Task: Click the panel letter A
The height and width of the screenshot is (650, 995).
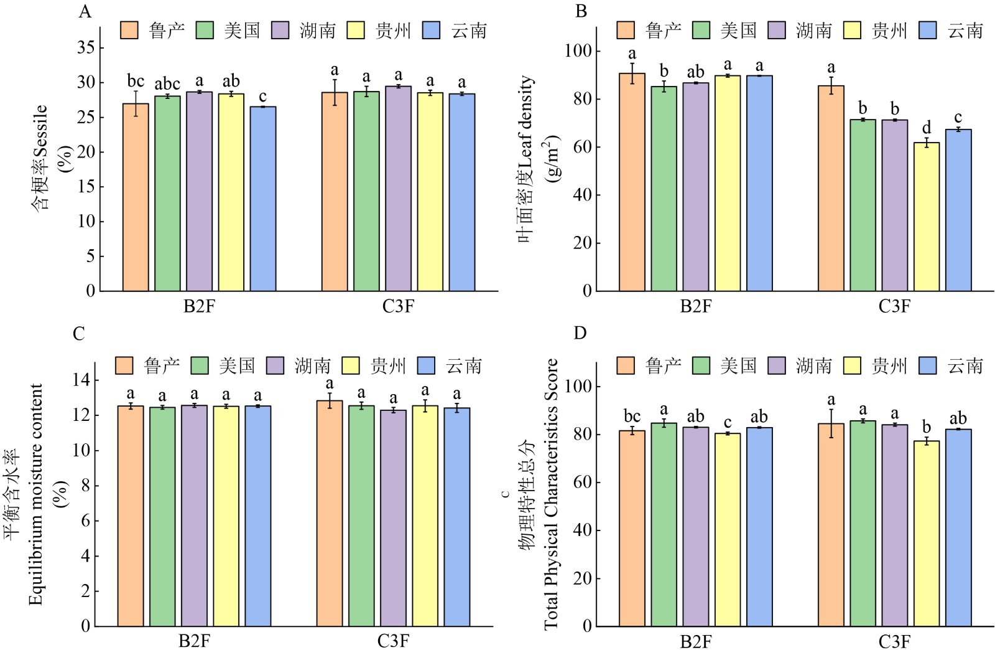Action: (85, 12)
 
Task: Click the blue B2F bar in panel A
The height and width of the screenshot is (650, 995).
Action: (263, 199)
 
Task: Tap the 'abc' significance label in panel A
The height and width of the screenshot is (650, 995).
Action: (167, 84)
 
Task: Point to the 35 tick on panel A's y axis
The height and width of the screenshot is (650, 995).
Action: (86, 48)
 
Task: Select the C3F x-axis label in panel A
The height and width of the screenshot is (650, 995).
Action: (398, 306)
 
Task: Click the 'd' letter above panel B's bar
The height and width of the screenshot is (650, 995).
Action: (927, 128)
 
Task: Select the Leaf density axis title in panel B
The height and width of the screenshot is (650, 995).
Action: (526, 159)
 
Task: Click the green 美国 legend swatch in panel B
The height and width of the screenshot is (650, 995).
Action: (701, 31)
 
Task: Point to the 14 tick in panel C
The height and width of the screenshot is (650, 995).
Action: (81, 380)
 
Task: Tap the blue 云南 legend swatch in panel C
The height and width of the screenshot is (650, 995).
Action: (426, 365)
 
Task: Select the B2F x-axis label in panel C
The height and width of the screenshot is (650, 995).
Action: (194, 641)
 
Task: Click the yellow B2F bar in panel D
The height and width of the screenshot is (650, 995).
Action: (728, 529)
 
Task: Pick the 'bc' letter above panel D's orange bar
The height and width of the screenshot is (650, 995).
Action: (632, 417)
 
